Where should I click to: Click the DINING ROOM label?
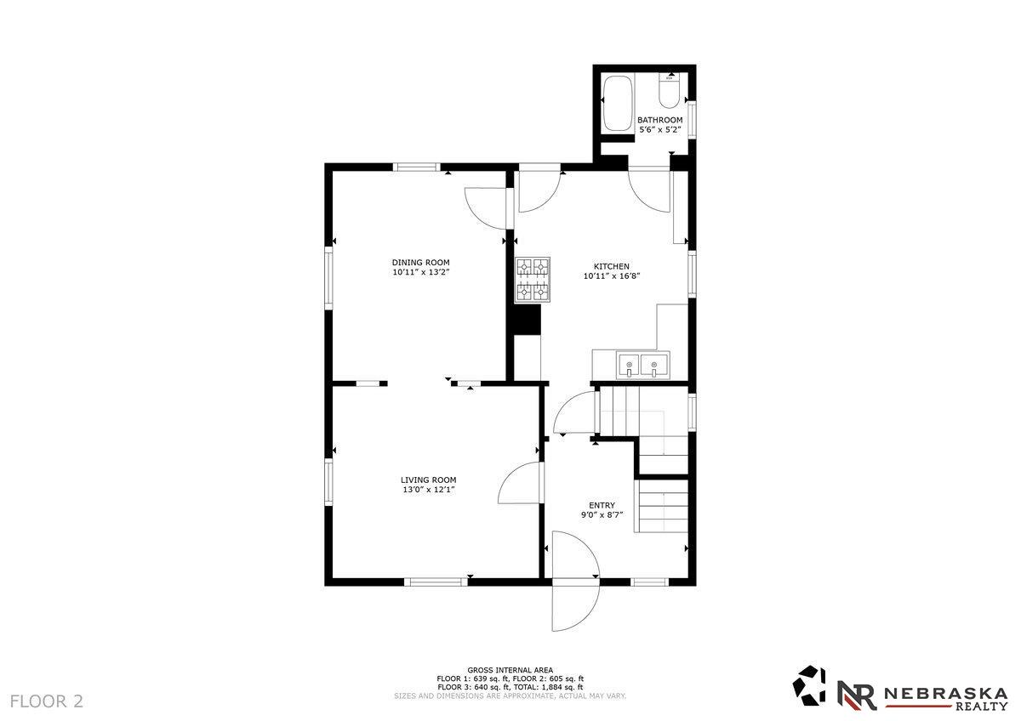click(x=420, y=263)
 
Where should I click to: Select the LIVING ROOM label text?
click(x=429, y=480)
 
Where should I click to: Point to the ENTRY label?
click(x=602, y=505)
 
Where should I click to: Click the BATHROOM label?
click(x=660, y=120)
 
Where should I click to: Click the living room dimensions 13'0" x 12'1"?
click(x=429, y=490)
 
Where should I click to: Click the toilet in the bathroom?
click(x=670, y=91)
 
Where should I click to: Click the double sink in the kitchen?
click(x=642, y=365)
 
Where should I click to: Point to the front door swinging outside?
click(x=575, y=605)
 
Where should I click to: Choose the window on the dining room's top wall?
click(x=417, y=167)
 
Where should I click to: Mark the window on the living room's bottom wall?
click(x=436, y=582)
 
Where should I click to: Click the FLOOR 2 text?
click(x=47, y=701)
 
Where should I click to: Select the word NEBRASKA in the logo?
click(x=946, y=694)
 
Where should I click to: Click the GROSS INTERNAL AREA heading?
click(x=510, y=669)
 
